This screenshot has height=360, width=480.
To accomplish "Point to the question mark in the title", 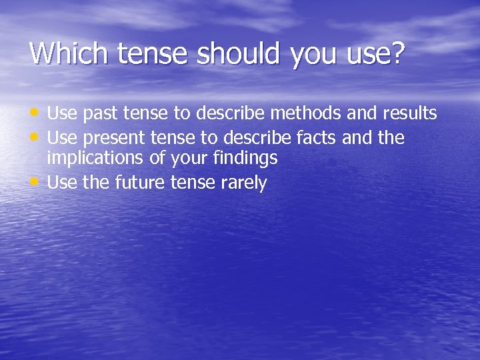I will point(398,53).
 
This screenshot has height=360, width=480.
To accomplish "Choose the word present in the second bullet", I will point(113,138).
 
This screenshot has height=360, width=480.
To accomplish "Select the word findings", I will point(245,159).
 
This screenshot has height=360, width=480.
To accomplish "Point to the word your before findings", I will point(189,159).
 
